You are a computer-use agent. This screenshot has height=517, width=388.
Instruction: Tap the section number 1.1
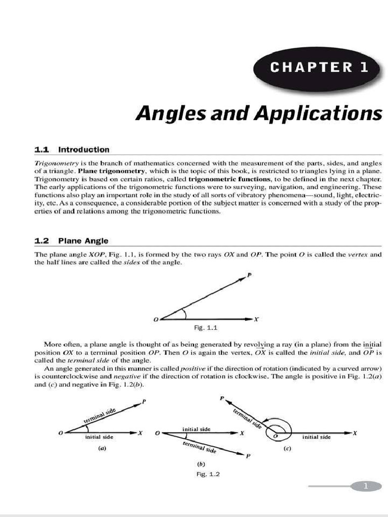(41, 149)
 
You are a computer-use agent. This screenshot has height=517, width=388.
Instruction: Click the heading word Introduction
(83, 149)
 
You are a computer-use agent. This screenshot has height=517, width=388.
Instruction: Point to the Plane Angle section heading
(83, 241)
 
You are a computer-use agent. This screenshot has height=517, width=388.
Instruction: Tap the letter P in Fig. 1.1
(249, 275)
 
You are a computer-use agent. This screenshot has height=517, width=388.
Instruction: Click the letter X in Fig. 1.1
(256, 319)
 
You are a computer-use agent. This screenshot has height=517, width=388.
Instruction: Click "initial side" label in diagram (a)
(100, 437)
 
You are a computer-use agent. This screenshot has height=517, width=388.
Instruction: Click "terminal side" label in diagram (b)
(200, 447)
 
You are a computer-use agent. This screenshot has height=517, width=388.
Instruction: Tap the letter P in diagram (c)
(222, 398)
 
